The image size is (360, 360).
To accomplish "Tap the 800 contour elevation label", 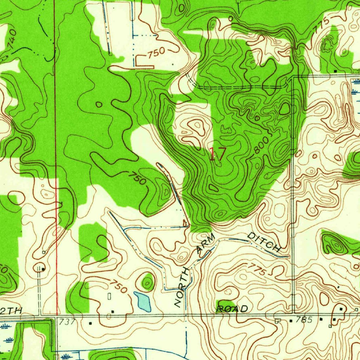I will tap(262, 144).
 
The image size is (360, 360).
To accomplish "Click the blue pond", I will tap(143, 301).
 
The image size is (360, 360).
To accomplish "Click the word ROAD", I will tap(232, 309).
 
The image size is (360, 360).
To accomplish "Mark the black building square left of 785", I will tap(291, 321).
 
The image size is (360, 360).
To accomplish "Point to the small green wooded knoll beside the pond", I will tap(148, 282).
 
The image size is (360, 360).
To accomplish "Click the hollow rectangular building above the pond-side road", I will tap(109, 296).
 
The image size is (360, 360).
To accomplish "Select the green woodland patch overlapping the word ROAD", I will tap(225, 304).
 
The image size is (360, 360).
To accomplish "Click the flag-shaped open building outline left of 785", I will tap(278, 321).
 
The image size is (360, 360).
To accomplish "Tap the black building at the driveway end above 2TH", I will tap(43, 269).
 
